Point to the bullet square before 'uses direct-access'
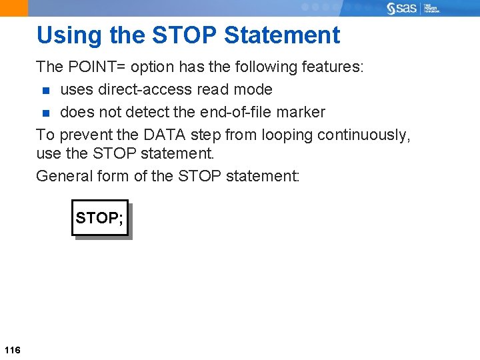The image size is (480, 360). [x=45, y=90]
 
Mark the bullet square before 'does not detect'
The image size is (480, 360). [x=45, y=113]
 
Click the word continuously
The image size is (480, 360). [x=363, y=135]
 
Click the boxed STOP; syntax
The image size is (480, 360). [x=99, y=218]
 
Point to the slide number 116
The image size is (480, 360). [x=12, y=350]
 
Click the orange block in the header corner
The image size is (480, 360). [x=14, y=8]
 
